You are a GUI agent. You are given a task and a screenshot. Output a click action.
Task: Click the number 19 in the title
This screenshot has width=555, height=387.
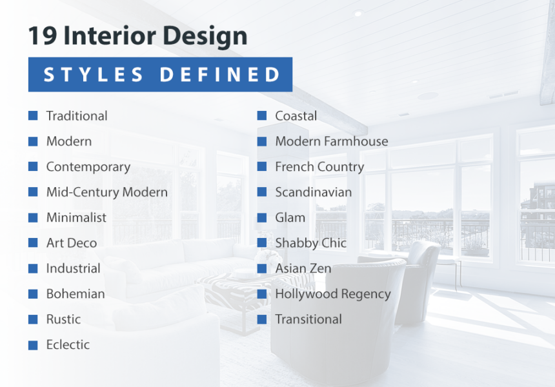click(x=43, y=36)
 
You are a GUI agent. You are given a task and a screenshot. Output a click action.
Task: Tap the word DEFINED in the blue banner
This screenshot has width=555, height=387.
click(x=219, y=75)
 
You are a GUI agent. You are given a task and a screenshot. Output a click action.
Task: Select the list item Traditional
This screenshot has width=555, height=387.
click(x=77, y=116)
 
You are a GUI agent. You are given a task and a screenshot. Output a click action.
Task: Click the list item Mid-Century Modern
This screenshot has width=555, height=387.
click(x=106, y=192)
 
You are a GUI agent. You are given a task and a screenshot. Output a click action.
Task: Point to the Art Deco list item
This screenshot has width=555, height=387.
click(x=71, y=243)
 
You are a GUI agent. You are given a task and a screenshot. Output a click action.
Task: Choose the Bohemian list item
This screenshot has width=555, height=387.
click(x=75, y=294)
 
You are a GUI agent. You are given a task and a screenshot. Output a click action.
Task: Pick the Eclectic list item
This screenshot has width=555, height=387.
click(x=68, y=345)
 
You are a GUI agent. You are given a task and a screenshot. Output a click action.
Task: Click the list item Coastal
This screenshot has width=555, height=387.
click(x=296, y=116)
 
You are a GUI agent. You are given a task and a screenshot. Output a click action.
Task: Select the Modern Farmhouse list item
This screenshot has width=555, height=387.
click(x=331, y=141)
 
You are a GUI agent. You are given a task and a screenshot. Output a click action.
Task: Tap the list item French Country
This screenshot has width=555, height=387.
click(x=319, y=167)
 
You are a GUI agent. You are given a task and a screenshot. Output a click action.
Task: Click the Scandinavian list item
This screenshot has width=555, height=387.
click(x=313, y=192)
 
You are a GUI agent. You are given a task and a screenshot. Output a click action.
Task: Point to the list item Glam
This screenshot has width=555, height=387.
click(x=290, y=218)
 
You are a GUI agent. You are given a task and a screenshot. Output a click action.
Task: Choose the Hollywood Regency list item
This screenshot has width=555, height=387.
click(x=332, y=294)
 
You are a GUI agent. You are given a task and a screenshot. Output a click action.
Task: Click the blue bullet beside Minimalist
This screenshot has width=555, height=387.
click(x=33, y=217)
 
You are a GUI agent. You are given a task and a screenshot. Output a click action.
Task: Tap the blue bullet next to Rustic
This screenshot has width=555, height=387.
click(x=33, y=319)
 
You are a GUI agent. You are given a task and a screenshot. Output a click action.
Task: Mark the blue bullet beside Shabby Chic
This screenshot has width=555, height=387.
click(x=262, y=243)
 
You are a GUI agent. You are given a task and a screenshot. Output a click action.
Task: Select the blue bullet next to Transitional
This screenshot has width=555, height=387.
click(x=262, y=319)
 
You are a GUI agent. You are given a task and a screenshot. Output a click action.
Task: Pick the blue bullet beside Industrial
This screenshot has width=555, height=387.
click(x=33, y=268)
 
